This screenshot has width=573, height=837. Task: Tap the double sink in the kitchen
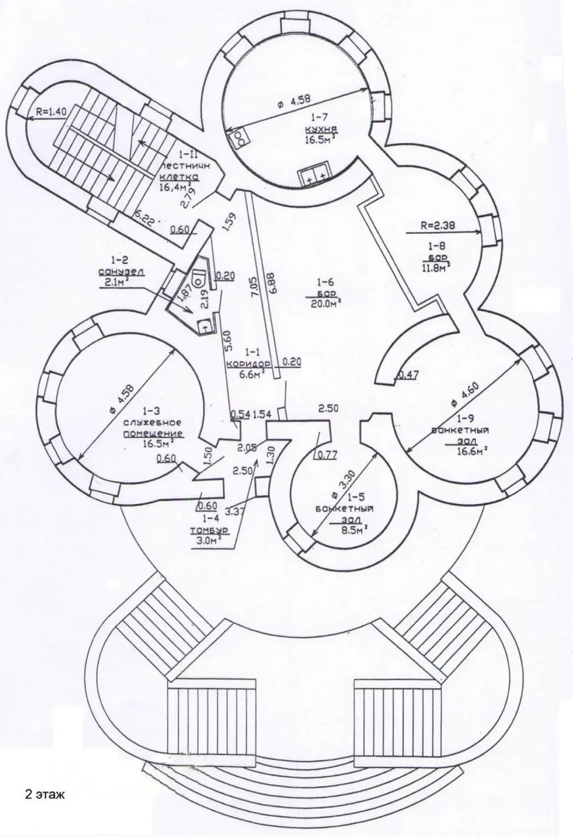(316, 178)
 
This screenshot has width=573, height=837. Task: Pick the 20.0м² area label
(324, 302)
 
